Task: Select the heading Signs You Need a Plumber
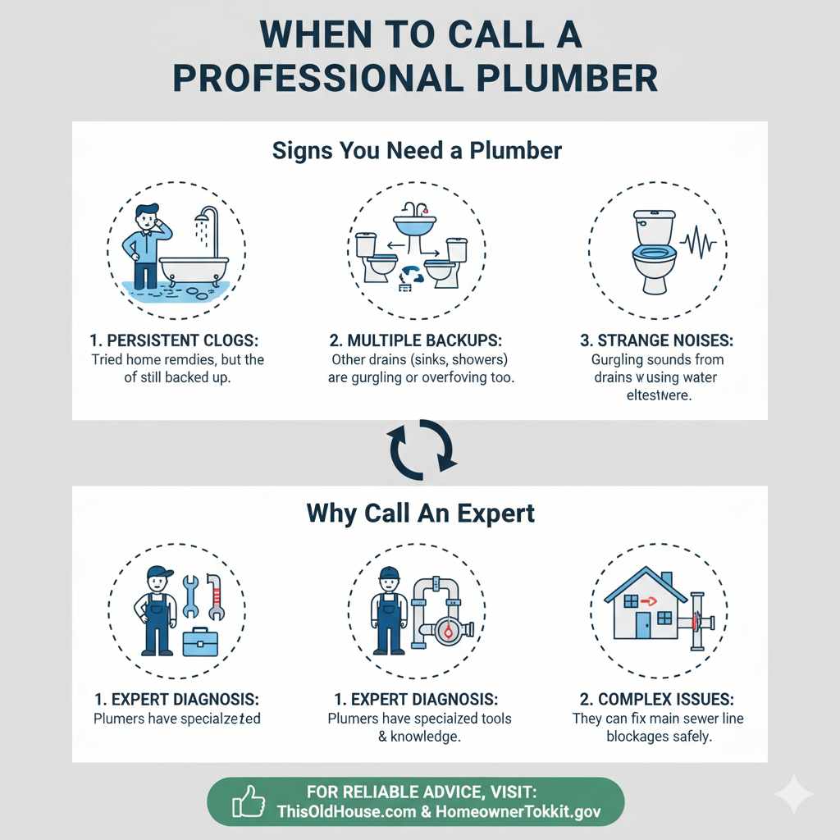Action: [417, 151]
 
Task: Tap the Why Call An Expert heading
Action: [420, 514]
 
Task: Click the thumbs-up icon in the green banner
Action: [249, 801]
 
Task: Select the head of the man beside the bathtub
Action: [148, 220]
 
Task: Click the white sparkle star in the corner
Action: [793, 794]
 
